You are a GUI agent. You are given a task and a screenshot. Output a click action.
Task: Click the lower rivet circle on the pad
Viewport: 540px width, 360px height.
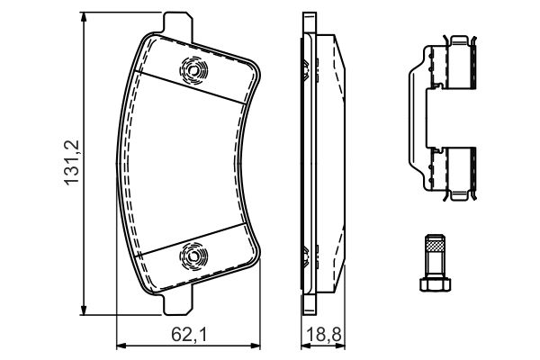tap(193, 256)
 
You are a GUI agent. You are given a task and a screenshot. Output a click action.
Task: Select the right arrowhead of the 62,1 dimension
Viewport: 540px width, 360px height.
tap(255, 346)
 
